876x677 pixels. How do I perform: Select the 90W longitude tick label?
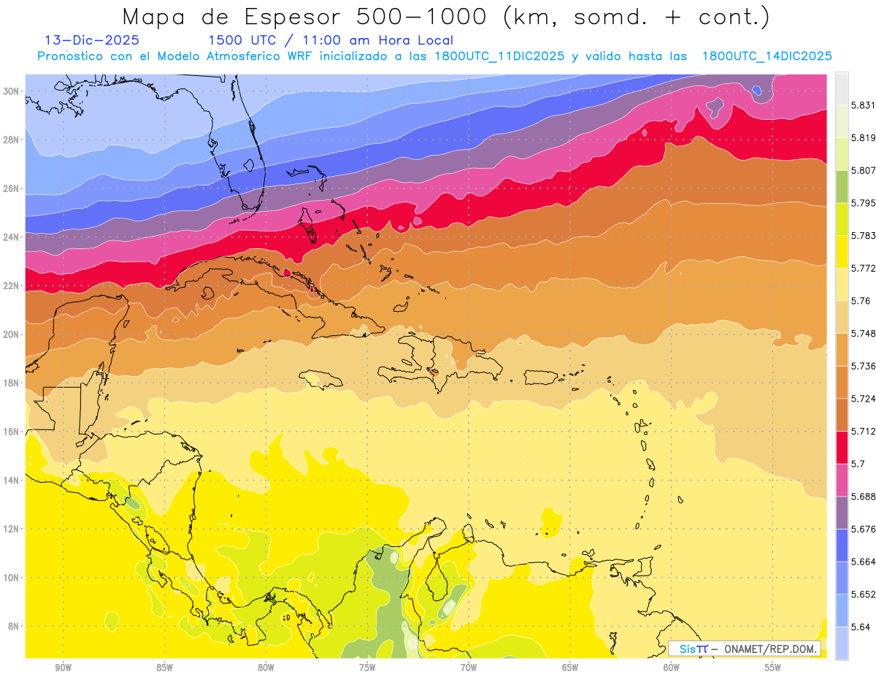pos(64,667)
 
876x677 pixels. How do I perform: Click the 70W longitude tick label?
pos(469,667)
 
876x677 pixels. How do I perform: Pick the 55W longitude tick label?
pos(773,667)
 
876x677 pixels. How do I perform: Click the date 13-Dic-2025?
pos(92,41)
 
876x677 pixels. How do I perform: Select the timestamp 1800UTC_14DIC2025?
pos(766,56)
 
